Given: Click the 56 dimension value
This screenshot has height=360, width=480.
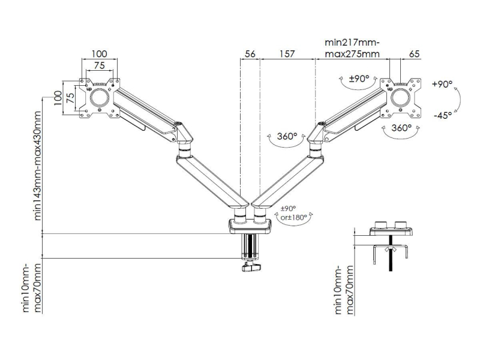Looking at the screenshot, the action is (x=250, y=54).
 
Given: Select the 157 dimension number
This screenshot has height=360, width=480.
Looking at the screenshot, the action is (x=287, y=54).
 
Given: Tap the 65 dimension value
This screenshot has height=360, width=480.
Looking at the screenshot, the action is (x=414, y=54).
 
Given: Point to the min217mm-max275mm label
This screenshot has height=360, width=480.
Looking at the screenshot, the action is (x=352, y=48).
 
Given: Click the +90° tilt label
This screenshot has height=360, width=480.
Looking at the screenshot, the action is (x=442, y=84).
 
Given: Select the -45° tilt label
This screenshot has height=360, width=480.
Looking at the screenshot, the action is (x=443, y=115).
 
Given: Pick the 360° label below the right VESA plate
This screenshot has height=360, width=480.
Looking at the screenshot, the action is (x=401, y=127).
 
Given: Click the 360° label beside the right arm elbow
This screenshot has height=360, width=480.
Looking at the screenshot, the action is (x=287, y=136).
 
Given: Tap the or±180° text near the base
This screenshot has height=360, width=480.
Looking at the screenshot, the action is (x=293, y=218).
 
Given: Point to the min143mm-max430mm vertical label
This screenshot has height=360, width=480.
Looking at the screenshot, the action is (x=38, y=166).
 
